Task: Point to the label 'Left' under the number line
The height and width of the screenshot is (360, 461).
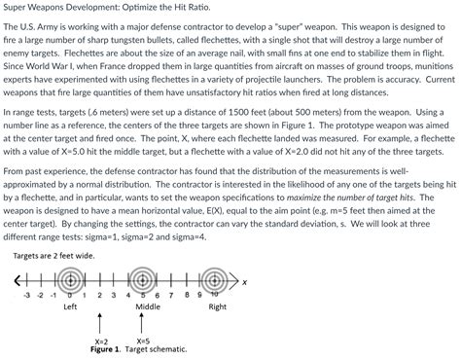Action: coord(70,306)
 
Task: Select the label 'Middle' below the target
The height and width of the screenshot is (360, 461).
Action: coord(148,306)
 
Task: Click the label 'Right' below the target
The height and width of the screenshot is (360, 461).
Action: coord(217,306)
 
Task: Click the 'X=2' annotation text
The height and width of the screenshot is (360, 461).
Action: coord(100,342)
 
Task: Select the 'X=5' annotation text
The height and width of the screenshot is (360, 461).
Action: coord(142,342)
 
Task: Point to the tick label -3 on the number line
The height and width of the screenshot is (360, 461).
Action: coord(27,295)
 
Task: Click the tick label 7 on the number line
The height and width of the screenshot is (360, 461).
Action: coord(171,295)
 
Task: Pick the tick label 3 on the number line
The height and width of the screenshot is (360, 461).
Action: coord(114,295)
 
